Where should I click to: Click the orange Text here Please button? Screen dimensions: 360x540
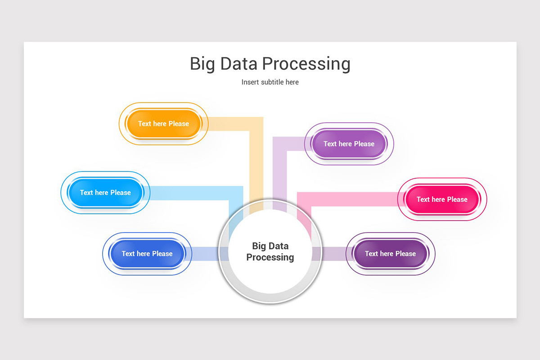pos(163,124)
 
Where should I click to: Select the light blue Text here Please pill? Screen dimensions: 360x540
pos(105,193)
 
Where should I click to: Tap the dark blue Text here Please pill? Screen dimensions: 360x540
pos(147,254)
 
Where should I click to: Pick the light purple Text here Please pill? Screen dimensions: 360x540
pos(349,144)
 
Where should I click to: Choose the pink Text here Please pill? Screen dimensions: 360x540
pos(442,199)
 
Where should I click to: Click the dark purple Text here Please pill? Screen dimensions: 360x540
pos(390,254)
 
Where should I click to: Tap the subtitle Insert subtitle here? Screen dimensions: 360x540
pos(270,82)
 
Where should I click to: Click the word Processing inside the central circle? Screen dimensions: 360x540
pos(270,257)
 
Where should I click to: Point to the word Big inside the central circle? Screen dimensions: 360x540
pos(259,246)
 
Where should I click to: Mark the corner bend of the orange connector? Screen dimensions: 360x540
pos(256,124)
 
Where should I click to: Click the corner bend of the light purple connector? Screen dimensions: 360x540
pos(280,144)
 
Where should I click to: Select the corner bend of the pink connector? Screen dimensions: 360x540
pos(304,199)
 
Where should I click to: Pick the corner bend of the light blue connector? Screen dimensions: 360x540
pos(236,193)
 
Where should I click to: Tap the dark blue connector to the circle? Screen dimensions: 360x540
pos(205,254)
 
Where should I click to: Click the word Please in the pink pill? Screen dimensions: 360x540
pos(457,199)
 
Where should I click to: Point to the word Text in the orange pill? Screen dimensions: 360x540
pos(144,124)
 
